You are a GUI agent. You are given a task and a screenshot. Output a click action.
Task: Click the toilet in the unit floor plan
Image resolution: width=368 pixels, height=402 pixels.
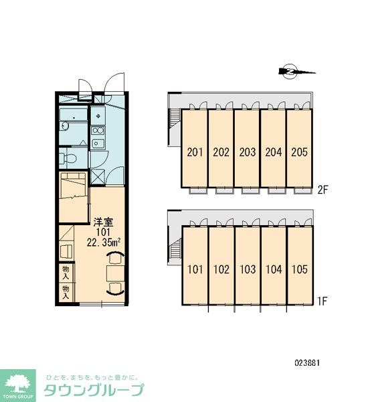pos(68,158)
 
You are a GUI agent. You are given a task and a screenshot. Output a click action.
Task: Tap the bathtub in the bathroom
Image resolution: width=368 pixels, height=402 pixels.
pos(73,115)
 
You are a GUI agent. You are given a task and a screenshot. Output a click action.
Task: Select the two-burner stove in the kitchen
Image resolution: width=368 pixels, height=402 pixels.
pos(98,131)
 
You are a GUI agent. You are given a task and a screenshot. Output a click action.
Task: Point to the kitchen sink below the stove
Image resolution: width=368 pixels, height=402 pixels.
pos(98,143)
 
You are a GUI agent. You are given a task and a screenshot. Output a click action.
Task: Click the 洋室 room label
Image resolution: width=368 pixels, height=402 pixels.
pos(103,222)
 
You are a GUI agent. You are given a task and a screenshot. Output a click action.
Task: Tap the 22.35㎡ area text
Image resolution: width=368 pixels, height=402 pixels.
pos(104,243)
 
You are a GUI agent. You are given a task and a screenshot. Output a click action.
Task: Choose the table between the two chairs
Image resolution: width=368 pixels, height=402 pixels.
pos(116,273)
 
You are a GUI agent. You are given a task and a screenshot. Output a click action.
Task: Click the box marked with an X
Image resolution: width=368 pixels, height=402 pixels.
pos(98,177)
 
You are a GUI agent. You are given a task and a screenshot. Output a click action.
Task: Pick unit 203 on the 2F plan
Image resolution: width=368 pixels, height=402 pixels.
pos(248,152)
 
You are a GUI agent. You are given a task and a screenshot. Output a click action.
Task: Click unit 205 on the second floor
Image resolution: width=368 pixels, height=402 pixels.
pos(299,152)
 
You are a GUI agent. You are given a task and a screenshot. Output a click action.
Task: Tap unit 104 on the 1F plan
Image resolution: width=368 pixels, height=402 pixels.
pos(274,269)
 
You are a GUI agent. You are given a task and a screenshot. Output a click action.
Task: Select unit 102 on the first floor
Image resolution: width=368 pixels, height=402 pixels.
pos(221,269)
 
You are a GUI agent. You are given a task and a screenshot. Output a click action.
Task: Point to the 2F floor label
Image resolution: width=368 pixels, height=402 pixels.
pos(323,190)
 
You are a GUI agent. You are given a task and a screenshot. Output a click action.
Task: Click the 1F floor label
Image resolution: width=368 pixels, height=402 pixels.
pos(322,301)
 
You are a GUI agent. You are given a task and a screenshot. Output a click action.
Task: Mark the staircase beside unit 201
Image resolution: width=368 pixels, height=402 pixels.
pos(175,119)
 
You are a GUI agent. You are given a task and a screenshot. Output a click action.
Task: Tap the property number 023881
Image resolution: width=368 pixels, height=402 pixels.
pos(307,362)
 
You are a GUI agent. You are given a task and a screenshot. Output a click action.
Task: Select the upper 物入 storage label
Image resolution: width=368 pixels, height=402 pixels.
pos(66,273)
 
